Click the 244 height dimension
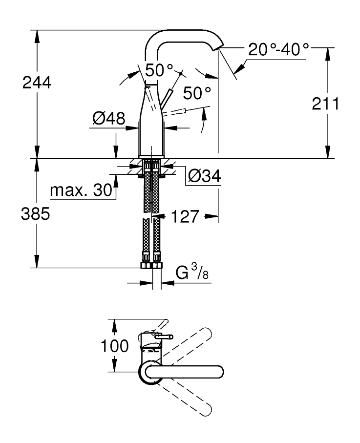[x=37, y=83]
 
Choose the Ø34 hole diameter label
[x=204, y=177]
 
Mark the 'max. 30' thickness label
[x=82, y=190]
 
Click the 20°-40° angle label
[x=279, y=49]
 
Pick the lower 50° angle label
[x=197, y=92]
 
